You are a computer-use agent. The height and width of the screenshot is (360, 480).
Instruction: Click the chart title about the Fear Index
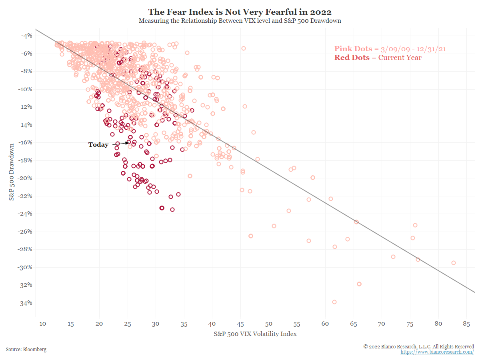coord(240,12)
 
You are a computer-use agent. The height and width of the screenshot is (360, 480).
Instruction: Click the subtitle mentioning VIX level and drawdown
coord(240,21)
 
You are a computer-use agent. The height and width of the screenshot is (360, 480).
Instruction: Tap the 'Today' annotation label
coord(98,145)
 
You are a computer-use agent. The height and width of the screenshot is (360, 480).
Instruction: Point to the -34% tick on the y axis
coord(26,303)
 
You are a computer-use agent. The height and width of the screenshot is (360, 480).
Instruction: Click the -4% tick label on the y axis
coord(28,36)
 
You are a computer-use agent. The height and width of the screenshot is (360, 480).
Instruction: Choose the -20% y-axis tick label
coord(26,178)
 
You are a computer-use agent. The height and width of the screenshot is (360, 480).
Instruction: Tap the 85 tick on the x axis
coord(466,324)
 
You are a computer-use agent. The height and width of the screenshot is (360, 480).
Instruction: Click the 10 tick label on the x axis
coord(43,324)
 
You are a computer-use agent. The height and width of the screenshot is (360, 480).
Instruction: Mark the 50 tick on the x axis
coord(269,324)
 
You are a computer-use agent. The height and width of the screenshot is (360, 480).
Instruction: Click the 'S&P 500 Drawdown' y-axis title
coord(12,172)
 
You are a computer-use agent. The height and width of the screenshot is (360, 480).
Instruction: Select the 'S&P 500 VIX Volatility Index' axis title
coord(255,334)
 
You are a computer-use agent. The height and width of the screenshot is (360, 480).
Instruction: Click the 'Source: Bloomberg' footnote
coord(26,349)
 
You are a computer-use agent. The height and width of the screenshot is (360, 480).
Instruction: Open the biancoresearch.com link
coord(437,352)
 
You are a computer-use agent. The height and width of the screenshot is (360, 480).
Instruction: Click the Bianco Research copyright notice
coord(418,346)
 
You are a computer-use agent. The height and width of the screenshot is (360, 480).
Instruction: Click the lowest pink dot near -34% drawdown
coord(334,302)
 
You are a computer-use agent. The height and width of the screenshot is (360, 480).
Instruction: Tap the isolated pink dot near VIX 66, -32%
coord(359,284)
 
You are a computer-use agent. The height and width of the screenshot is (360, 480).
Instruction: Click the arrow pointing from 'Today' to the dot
coord(120,143)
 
